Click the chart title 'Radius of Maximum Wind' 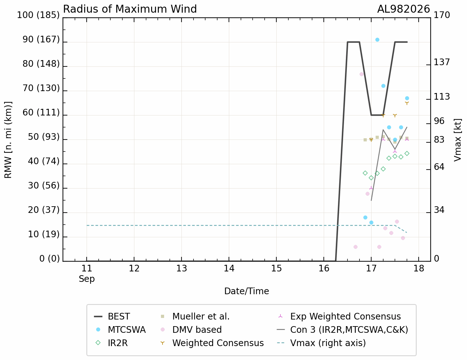click(130, 9)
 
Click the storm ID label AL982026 click(403, 9)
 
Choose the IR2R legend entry click(112, 343)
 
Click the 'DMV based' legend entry click(191, 330)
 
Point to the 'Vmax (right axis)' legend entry click(322, 343)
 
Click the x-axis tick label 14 click(229, 268)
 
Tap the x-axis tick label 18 click(419, 268)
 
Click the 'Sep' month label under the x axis click(87, 279)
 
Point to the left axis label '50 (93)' click(44, 137)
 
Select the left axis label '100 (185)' click(38, 15)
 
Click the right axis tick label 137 click(442, 62)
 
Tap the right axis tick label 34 click(439, 210)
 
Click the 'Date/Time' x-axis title click(247, 291)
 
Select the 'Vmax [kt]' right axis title click(458, 140)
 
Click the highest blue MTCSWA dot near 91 click(377, 40)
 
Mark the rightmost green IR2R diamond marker click(407, 153)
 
